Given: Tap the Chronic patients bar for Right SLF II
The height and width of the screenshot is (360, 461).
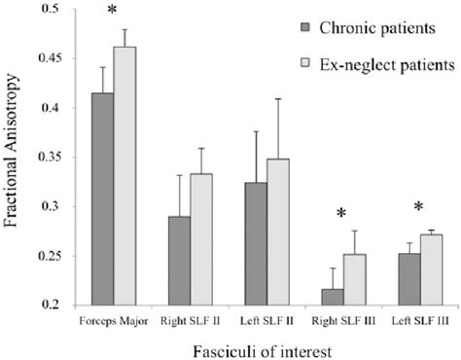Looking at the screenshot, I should tap(177, 260).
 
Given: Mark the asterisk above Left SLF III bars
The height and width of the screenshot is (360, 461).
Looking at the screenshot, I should tap(417, 207).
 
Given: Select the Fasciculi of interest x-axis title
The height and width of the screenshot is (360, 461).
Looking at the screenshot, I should tap(243, 345).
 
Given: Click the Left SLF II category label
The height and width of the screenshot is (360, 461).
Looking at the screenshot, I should tap(263, 318).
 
